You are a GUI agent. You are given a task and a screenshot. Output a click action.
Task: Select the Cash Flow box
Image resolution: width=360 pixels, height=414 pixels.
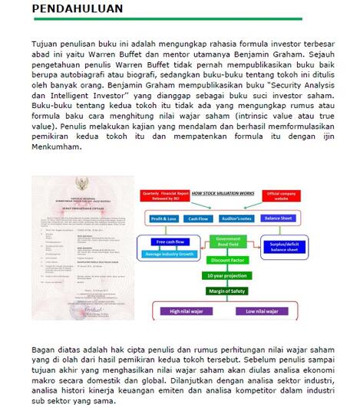[199, 219]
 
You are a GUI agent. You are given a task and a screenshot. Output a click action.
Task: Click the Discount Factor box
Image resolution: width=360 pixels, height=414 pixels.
[227, 260]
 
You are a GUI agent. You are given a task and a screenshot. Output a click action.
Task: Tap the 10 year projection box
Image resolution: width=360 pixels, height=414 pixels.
[227, 275]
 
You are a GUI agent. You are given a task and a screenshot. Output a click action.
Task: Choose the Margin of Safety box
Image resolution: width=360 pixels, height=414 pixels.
[227, 291]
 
